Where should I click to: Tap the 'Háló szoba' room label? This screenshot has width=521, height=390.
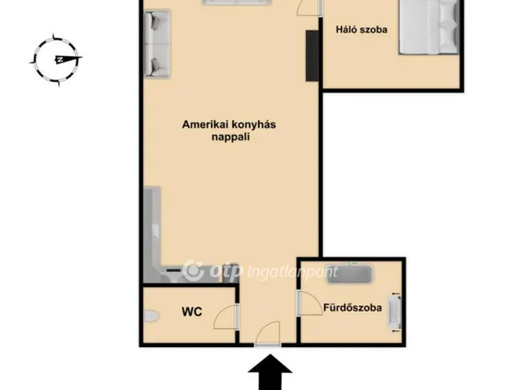(361, 30)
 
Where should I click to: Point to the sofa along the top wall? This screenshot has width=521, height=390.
(227, 3)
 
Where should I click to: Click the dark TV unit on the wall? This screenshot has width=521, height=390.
(313, 56)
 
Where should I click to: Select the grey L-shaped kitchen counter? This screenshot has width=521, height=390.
(153, 236)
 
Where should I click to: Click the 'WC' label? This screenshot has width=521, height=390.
(192, 311)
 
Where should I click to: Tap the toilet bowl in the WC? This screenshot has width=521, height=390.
(148, 316)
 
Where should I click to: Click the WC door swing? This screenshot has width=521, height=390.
(226, 316)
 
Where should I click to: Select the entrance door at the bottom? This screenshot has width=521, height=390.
(267, 335)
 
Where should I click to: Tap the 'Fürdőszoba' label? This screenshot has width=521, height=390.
(353, 308)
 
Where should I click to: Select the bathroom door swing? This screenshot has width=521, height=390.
(310, 302)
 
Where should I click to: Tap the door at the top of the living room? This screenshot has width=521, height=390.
(308, 6)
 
